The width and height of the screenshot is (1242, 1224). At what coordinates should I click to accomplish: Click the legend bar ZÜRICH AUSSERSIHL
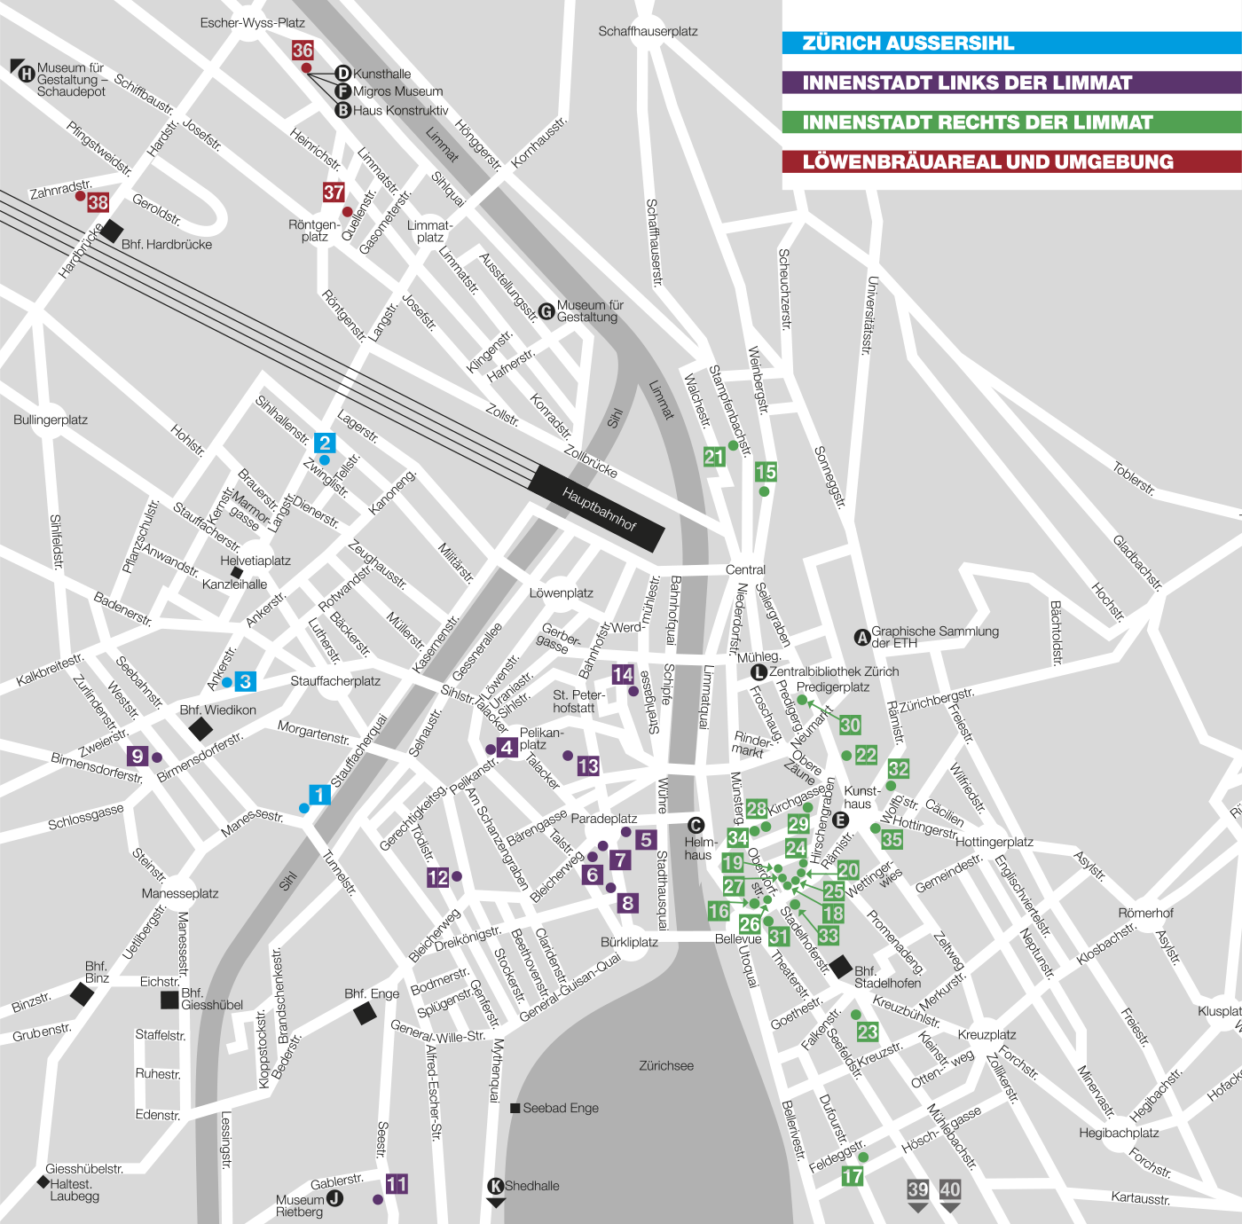[1011, 43]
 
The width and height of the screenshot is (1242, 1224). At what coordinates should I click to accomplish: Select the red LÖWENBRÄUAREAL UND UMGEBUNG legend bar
[1011, 162]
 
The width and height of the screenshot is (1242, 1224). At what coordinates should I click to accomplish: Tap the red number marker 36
[303, 51]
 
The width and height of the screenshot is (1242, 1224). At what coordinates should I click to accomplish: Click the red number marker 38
[98, 203]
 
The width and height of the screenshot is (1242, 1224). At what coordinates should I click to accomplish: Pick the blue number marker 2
[326, 443]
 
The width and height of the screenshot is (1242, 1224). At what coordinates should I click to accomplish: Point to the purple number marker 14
[623, 675]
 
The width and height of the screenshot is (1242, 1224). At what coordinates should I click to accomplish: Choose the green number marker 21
[714, 457]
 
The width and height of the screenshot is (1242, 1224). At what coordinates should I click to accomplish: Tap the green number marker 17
[852, 1176]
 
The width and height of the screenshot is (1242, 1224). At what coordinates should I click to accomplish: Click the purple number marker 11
[397, 1184]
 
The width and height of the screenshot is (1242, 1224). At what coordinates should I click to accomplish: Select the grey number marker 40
[950, 1190]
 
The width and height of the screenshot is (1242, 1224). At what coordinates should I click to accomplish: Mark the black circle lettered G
[546, 311]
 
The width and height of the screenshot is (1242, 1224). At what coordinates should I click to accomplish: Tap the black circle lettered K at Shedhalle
[496, 1186]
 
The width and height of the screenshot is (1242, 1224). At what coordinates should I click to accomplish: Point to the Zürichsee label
[666, 1065]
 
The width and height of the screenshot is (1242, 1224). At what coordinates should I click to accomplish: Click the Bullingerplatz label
[51, 420]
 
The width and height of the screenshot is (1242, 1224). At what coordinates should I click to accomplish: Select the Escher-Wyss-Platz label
[252, 23]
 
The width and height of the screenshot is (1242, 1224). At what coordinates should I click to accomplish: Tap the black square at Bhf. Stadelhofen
[840, 967]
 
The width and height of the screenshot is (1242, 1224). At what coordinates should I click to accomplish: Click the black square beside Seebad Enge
[515, 1108]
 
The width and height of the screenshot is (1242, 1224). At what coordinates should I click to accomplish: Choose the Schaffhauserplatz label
[648, 31]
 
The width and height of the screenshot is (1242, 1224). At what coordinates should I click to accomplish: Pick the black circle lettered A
[861, 637]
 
